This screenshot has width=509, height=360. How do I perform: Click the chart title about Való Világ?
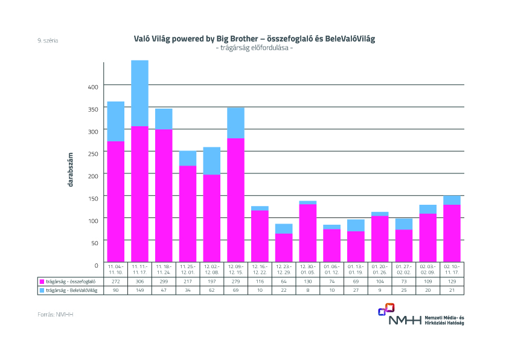[x=254, y=39]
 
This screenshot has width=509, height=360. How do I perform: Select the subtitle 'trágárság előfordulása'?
[x=254, y=48]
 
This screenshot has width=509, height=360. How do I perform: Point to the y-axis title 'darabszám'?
[x=70, y=169]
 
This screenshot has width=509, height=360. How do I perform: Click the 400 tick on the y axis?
[x=92, y=87]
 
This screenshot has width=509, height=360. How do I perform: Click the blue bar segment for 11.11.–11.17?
[x=139, y=93]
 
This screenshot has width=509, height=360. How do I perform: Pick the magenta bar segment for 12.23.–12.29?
[x=284, y=247]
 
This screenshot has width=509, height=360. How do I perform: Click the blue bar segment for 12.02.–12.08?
[x=212, y=161]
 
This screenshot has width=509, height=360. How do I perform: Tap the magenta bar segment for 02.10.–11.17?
[x=452, y=233]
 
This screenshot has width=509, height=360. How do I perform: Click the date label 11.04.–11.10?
[x=115, y=269]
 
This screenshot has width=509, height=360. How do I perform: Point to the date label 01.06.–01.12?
[x=331, y=269]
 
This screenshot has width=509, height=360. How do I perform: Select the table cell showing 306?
[x=139, y=281]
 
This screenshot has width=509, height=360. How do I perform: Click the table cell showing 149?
[x=139, y=291]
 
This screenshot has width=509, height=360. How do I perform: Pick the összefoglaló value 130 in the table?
[x=307, y=281]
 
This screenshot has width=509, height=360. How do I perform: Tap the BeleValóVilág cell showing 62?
[x=211, y=291]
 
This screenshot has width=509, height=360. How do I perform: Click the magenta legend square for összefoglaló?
[x=42, y=281]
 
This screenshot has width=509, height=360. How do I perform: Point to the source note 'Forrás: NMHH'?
[x=50, y=315]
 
